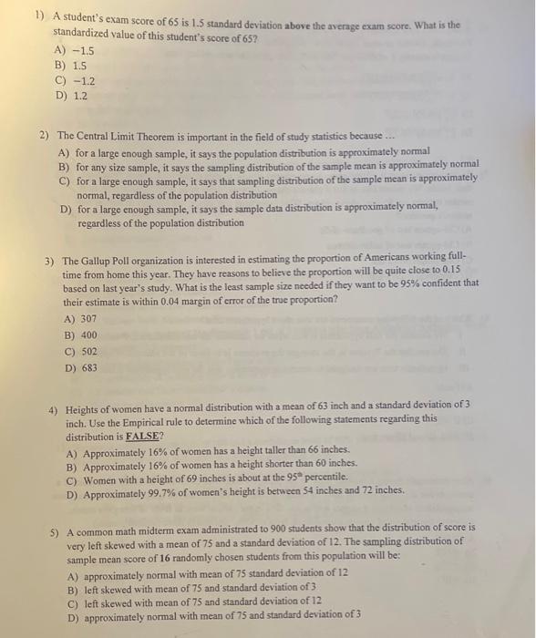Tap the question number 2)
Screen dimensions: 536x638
(44, 135)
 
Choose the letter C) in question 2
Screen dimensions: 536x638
(65, 180)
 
